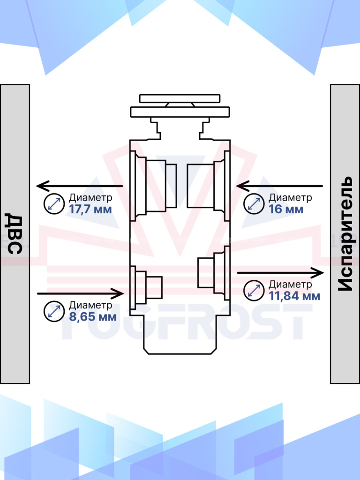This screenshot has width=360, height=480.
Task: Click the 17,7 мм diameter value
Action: pos(90,210)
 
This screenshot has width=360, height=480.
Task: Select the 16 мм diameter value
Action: pos(286,210)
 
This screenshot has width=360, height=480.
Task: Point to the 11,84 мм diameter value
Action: pos(294,296)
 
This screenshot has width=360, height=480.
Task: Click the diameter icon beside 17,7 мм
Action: pos(54,203)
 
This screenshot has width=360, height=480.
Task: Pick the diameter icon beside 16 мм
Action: pos(254,203)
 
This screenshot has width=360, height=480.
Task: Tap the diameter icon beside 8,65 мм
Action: pos(54,311)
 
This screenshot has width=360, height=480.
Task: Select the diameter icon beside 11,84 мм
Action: pos(254,291)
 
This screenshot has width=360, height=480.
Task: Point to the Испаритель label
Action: pos(345,233)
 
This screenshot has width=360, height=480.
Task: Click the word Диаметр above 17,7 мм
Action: pos(90,198)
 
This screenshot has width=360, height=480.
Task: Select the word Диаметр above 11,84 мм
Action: pos(291,285)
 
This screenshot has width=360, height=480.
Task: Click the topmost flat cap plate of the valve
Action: pos(180,98)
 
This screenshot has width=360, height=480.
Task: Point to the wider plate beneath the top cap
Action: pos(180,112)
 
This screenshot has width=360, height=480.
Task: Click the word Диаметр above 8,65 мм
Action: pos(90,306)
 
